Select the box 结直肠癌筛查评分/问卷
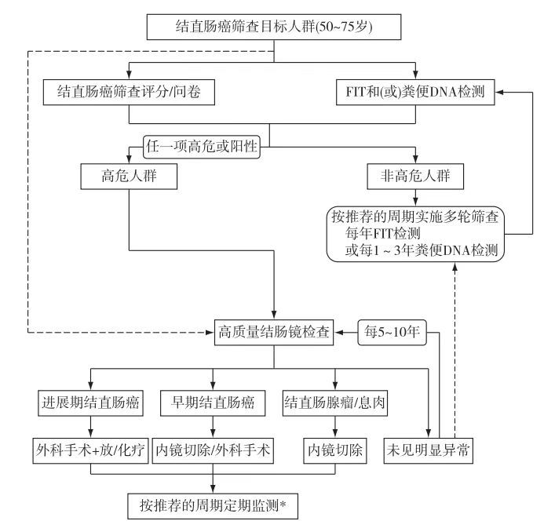click(x=128, y=91)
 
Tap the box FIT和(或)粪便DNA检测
click(x=417, y=91)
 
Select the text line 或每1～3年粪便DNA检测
click(x=417, y=250)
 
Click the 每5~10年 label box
click(x=390, y=332)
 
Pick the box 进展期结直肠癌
click(x=89, y=404)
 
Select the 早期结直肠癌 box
click(x=214, y=404)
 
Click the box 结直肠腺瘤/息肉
click(x=335, y=404)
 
